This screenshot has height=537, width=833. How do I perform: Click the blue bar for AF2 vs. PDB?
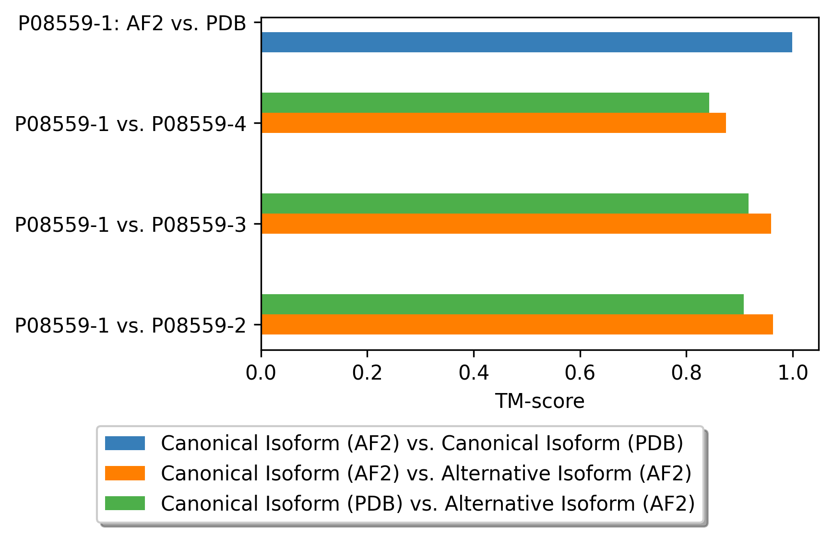click(526, 42)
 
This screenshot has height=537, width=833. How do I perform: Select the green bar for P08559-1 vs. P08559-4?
click(485, 103)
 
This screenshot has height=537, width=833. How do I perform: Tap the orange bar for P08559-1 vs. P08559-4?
click(494, 123)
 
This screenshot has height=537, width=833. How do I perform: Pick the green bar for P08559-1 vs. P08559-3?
click(505, 203)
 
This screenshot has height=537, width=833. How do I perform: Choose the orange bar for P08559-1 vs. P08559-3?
click(516, 224)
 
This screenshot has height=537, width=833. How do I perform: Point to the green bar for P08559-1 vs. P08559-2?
click(502, 304)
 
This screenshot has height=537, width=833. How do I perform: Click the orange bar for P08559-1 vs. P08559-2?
click(517, 324)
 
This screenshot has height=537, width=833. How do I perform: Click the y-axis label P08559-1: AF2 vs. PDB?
click(132, 24)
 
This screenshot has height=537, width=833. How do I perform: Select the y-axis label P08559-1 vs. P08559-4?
click(131, 124)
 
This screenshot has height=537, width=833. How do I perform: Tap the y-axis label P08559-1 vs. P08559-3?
click(131, 225)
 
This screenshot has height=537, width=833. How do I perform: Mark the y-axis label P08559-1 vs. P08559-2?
click(131, 326)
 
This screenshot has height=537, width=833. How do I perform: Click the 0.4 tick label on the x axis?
click(474, 373)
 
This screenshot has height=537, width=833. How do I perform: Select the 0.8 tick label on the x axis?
click(686, 373)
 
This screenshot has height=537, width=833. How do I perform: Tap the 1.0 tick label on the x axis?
click(793, 373)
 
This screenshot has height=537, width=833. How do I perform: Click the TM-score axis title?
click(540, 401)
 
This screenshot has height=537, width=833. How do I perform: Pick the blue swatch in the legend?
click(125, 443)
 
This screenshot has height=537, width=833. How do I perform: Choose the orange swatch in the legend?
click(125, 473)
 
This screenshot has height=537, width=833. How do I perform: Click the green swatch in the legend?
click(125, 503)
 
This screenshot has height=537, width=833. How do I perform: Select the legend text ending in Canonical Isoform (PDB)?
click(422, 443)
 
